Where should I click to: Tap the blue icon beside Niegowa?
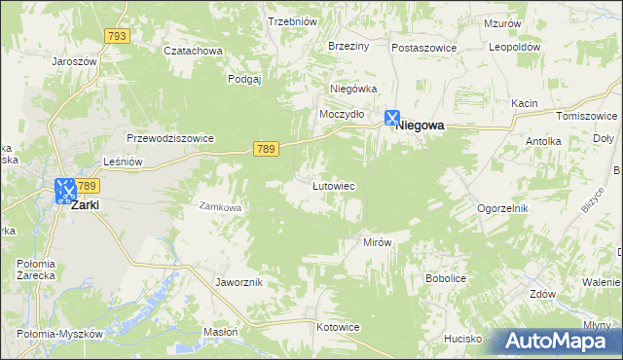[x=391, y=118]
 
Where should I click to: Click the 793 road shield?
[x=117, y=36]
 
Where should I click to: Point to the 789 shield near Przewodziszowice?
[x=267, y=148]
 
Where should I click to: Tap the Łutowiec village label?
[x=332, y=185]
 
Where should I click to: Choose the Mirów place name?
[x=377, y=242]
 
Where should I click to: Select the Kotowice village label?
[x=340, y=327]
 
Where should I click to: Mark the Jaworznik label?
[x=238, y=281]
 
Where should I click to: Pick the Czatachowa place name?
[x=193, y=51]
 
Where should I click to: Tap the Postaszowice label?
[x=425, y=47]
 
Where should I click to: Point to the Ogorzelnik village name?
[x=502, y=208]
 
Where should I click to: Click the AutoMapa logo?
[x=555, y=340]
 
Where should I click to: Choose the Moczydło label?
[x=343, y=114]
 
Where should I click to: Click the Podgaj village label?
[x=245, y=80]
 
